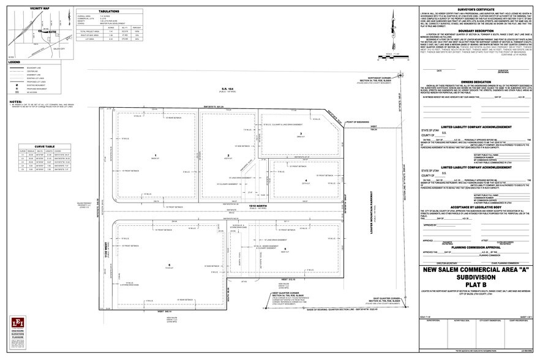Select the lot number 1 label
(x=157, y=155)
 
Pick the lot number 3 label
(x=301, y=133)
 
